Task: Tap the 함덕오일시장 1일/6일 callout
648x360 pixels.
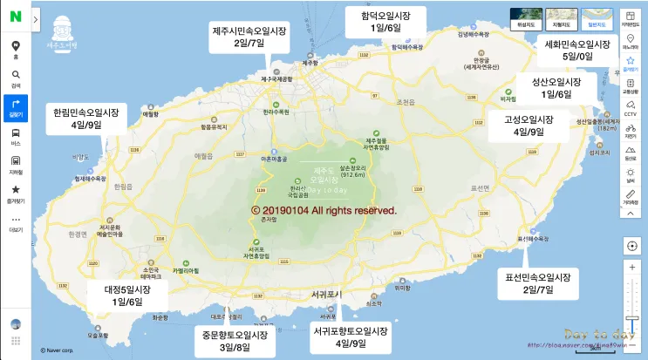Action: coord(385,21)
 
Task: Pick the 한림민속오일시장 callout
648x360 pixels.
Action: coord(86,119)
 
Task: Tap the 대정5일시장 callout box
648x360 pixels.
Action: coord(126,295)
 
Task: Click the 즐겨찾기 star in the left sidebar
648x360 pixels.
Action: coord(16,193)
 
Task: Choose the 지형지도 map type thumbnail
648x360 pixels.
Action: coord(560,17)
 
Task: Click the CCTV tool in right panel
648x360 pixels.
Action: coord(631,107)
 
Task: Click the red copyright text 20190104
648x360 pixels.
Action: coord(324,211)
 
